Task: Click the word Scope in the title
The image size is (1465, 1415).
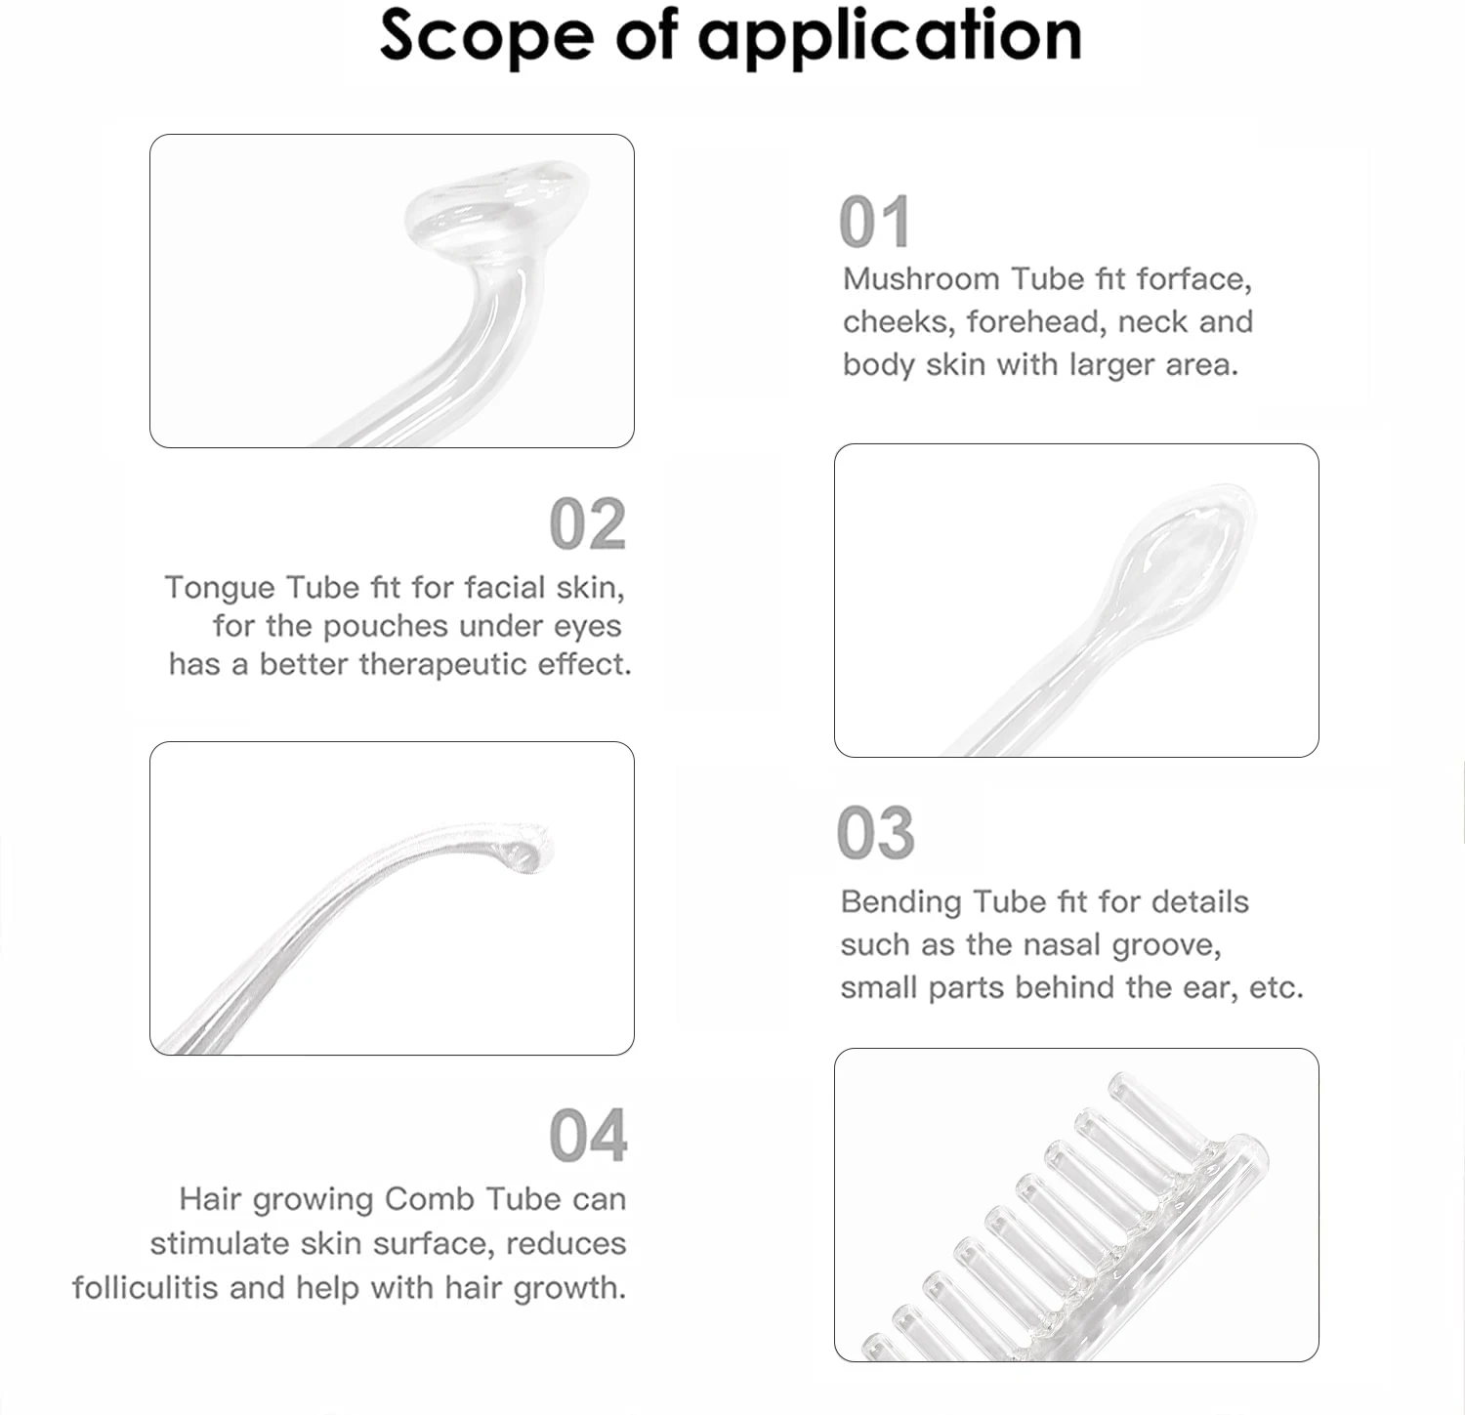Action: (485, 35)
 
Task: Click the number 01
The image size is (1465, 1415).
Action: (875, 223)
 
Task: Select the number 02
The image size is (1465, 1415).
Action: (588, 524)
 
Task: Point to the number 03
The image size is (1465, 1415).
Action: (876, 833)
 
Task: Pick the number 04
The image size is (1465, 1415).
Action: (588, 1136)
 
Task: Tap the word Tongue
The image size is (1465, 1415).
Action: (221, 589)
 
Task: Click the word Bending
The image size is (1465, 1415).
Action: (901, 903)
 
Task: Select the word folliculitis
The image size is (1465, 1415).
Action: (146, 1288)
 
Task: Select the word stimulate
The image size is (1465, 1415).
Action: (220, 1244)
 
